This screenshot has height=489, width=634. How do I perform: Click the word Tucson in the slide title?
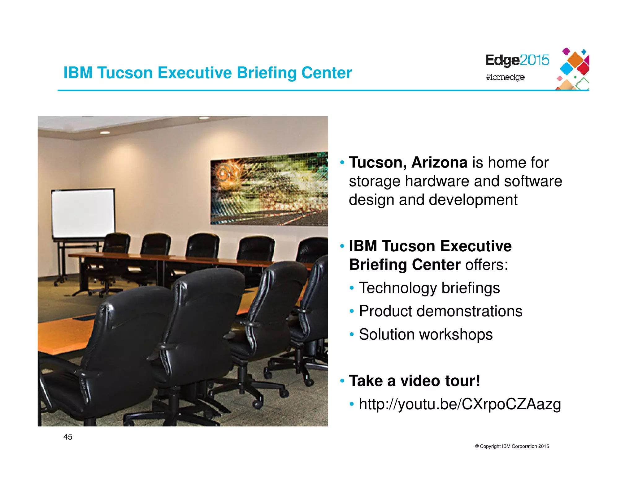click(125, 73)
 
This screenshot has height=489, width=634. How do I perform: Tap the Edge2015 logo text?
click(517, 60)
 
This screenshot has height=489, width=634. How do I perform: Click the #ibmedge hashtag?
click(505, 77)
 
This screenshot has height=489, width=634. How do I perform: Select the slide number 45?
click(67, 437)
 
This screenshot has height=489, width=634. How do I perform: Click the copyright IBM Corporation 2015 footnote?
click(512, 446)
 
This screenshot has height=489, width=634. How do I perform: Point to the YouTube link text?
click(460, 404)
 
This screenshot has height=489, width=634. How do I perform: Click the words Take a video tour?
click(414, 381)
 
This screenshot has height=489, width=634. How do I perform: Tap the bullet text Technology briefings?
click(429, 288)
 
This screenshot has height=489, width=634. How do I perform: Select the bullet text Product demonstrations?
click(441, 311)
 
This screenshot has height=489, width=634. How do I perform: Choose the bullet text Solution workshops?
click(426, 335)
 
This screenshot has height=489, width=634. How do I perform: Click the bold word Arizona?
click(439, 163)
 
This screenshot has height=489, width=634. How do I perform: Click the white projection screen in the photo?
click(83, 213)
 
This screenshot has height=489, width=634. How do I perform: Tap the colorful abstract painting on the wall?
click(269, 189)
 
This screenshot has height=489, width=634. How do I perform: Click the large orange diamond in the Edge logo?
click(576, 60)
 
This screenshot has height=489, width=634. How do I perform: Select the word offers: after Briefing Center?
click(486, 265)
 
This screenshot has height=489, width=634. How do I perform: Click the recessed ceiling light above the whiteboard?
click(105, 133)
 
